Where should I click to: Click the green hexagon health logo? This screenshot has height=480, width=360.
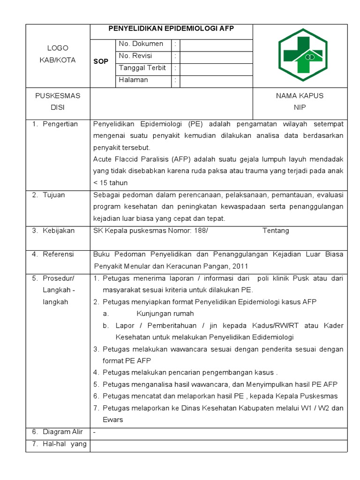[300, 55]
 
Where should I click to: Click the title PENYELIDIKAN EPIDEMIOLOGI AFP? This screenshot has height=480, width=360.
[171, 29]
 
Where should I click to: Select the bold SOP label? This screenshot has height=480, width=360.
[101, 61]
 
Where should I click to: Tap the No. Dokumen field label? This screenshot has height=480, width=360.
[141, 44]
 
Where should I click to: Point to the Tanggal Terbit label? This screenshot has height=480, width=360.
[142, 68]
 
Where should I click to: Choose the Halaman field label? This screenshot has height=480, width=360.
[133, 80]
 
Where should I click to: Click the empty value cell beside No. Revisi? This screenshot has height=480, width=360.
[216, 56]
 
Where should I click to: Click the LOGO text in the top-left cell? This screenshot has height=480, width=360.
[58, 48]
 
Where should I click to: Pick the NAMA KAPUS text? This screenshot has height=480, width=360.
[300, 96]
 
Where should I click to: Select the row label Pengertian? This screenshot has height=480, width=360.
[60, 124]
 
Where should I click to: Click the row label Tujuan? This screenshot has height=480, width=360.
[54, 195]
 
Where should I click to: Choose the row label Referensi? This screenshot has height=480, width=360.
[58, 255]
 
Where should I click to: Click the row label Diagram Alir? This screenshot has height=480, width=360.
[63, 432]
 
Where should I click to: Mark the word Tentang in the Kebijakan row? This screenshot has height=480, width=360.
[276, 231]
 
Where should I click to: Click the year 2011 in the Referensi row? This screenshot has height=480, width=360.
[239, 266]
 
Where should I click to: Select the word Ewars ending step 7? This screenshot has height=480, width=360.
[112, 420]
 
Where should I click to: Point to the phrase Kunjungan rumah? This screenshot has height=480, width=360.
[165, 314]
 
